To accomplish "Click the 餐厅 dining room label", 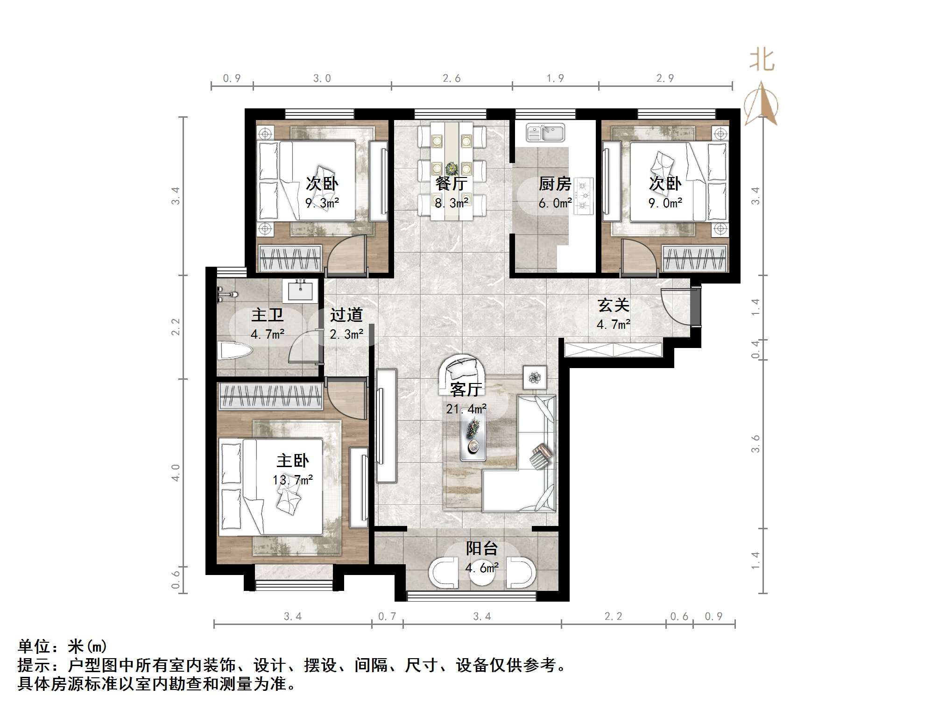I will [x=451, y=184].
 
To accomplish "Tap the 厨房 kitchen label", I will [x=555, y=184].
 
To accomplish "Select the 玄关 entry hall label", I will [x=614, y=305].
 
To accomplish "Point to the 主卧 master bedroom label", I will [x=292, y=461].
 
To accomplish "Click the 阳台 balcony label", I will [x=482, y=548].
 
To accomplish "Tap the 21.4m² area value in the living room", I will [x=466, y=409].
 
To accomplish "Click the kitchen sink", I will [x=545, y=133].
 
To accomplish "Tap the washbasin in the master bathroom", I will [x=300, y=291].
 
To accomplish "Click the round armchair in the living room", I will [x=461, y=369].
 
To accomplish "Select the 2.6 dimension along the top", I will [x=452, y=78].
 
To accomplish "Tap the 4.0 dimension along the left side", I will [x=176, y=472].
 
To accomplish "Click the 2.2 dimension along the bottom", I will [x=613, y=617].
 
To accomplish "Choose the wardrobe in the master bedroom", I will [x=271, y=396].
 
